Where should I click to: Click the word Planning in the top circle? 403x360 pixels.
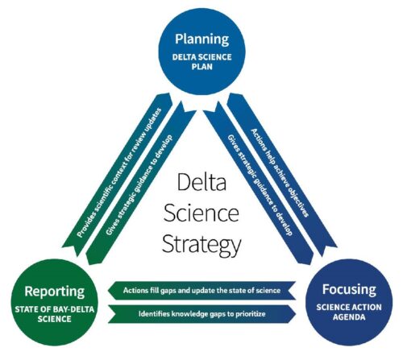(x=201, y=39)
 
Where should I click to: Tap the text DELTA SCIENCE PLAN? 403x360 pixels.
(x=201, y=62)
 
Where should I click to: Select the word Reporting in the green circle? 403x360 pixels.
(x=55, y=292)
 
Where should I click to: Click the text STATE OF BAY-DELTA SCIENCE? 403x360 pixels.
(x=55, y=314)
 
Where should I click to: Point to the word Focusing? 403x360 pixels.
(x=349, y=290)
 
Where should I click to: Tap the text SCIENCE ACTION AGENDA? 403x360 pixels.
(x=349, y=312)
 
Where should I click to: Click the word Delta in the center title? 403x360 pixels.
(x=201, y=182)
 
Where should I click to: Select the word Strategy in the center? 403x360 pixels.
(x=201, y=245)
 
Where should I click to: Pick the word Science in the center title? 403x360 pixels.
(x=201, y=213)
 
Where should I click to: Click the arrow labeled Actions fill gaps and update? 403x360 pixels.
(x=201, y=290)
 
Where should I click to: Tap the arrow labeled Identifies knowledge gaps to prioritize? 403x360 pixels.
(x=201, y=314)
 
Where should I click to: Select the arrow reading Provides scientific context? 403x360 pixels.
(x=117, y=175)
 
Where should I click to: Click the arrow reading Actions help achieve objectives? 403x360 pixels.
(x=282, y=175)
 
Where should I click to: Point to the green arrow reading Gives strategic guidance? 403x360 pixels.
(x=141, y=183)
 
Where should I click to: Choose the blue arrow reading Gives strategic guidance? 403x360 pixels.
(x=259, y=187)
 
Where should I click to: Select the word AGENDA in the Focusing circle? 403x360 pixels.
(x=349, y=317)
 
